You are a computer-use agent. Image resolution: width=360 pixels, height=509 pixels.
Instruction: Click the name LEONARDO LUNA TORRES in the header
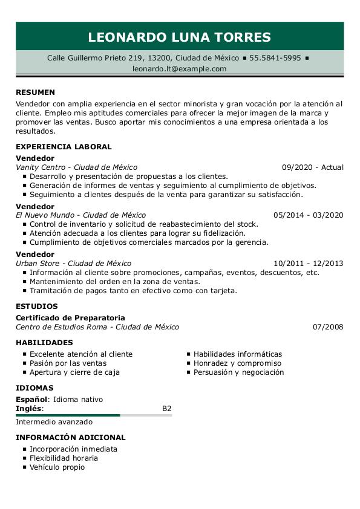click(180, 37)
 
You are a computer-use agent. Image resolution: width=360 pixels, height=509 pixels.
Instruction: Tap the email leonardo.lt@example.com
click(180, 69)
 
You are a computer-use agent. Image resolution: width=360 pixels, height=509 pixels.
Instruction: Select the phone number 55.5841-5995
click(275, 58)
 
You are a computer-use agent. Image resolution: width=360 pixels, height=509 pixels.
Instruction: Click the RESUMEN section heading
click(35, 92)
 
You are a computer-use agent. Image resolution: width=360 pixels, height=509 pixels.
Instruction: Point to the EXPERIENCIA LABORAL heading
click(64, 147)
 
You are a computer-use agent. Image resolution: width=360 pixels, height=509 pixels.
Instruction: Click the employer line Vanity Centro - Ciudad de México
click(76, 167)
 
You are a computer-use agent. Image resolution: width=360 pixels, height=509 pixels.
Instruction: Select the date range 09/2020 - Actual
click(312, 167)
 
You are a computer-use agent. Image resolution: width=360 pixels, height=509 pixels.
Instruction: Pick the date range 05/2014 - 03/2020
click(308, 215)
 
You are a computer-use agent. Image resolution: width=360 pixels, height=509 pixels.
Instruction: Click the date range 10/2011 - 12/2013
click(308, 264)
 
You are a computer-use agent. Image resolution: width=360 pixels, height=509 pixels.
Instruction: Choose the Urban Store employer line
click(73, 264)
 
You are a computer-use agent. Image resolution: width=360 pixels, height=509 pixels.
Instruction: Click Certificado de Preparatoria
click(70, 318)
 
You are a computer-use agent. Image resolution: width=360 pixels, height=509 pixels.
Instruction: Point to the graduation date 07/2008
click(328, 327)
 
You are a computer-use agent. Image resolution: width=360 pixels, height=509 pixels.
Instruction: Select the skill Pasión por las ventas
click(68, 363)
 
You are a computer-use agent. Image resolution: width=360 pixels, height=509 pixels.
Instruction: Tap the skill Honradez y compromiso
click(237, 363)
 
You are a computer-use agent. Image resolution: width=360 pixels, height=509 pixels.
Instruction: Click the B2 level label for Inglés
click(167, 409)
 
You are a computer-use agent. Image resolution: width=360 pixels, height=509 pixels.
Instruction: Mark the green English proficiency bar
click(68, 415)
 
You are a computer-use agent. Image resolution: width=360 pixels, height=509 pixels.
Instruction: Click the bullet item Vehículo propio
click(57, 467)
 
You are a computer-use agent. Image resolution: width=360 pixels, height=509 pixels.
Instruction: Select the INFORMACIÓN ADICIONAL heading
click(71, 438)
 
